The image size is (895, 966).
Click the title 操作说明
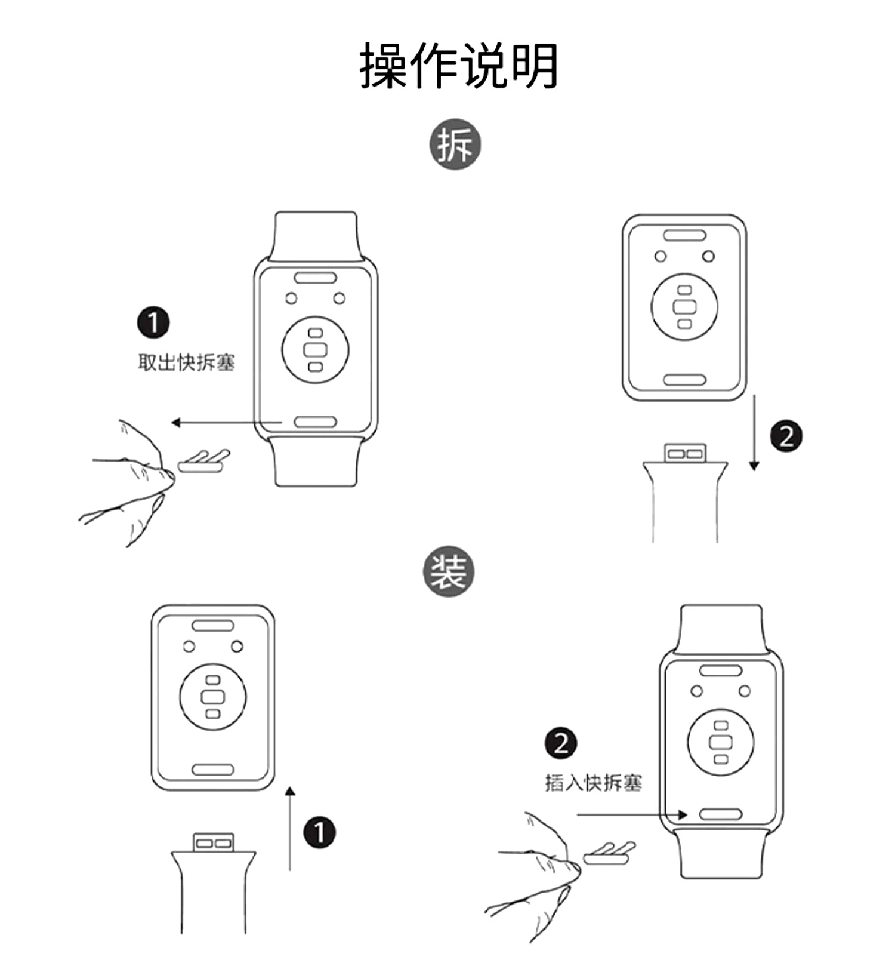pos(458,66)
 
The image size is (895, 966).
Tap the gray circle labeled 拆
pos(455,144)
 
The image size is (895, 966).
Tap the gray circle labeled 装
pos(448,571)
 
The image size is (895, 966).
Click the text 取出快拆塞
pos(186,362)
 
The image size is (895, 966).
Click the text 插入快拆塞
pos(593,783)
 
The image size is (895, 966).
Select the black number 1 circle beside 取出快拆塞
pos(153,322)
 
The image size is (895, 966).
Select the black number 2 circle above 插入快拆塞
pos(561,743)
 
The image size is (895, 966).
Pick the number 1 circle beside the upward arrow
pos(319,832)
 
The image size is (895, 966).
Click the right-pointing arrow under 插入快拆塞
pos(632,814)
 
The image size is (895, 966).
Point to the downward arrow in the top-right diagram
pos(754,432)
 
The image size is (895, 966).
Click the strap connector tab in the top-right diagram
pos(686,453)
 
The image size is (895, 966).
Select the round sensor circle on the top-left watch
pos(315,350)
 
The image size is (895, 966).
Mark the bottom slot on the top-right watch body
pos(684,380)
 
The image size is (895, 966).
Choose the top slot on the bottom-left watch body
pos(213,626)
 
